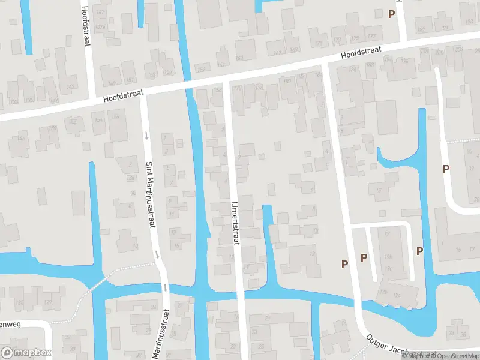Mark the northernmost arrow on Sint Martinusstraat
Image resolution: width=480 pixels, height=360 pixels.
click(146, 135)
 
